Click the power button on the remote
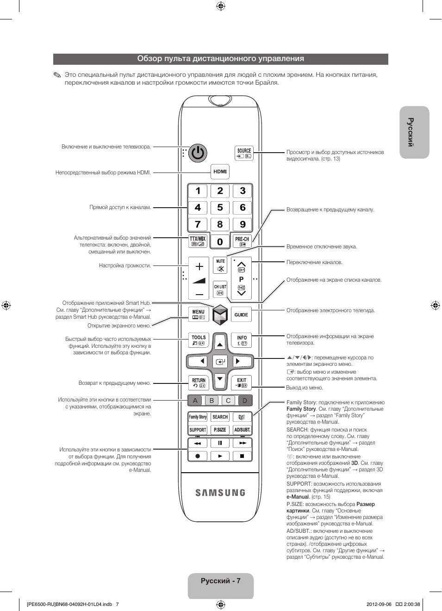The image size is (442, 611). [x=198, y=153]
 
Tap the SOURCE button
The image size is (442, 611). [x=244, y=153]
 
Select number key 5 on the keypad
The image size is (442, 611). [x=220, y=208]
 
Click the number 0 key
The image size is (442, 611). [x=220, y=241]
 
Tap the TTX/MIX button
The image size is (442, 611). [x=198, y=241]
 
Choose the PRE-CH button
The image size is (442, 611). [x=242, y=241]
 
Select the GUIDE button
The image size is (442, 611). [x=241, y=315]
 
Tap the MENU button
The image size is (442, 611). [x=198, y=315]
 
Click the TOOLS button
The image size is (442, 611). [x=199, y=340]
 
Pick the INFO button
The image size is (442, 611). [x=242, y=340]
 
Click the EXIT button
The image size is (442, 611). [x=242, y=383]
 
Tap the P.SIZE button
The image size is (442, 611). [x=220, y=430]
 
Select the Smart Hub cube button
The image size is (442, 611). [x=220, y=315]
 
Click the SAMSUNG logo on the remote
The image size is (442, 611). [x=220, y=493]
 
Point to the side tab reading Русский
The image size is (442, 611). [x=414, y=132]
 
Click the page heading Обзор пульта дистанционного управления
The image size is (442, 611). [x=220, y=59]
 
